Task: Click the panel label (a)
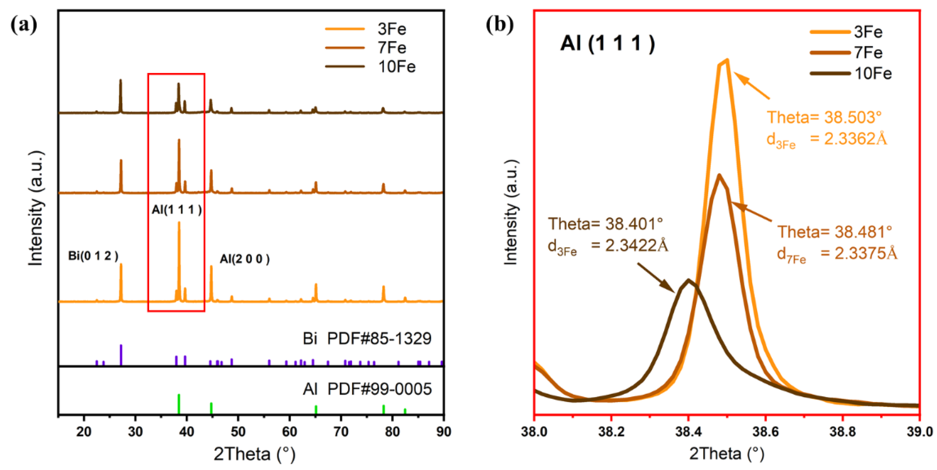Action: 24,25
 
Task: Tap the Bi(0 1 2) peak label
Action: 93,256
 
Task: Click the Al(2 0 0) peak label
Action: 245,259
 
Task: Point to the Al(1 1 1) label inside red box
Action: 176,210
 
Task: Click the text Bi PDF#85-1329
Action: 367,339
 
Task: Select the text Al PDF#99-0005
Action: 367,389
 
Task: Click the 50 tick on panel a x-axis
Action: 238,431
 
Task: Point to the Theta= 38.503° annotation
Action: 824,117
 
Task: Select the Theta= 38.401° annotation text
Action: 605,224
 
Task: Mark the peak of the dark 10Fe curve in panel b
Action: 688,280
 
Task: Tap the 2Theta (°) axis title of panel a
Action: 254,454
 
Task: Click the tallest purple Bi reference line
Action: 121,354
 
